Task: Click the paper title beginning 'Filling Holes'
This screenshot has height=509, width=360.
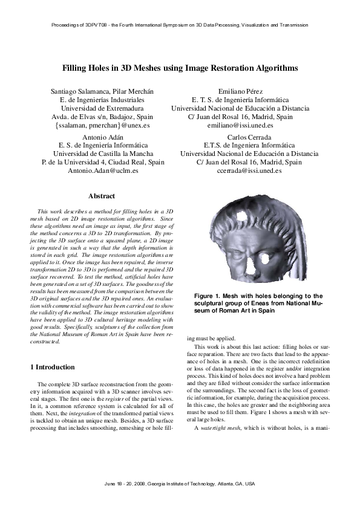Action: [x=180, y=69]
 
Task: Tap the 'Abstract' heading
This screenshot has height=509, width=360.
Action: [x=102, y=196]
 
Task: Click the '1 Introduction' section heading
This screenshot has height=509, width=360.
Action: [x=52, y=367]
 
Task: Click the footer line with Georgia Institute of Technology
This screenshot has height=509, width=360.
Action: [x=180, y=484]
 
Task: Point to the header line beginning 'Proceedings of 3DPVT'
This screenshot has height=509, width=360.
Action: [x=180, y=25]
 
